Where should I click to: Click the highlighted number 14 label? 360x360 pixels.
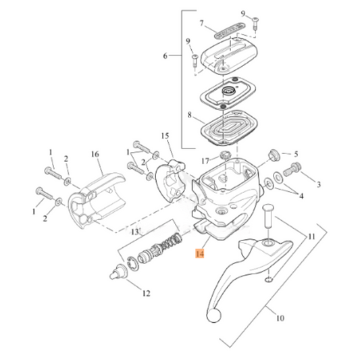[x=199, y=254]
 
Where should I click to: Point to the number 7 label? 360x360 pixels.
[x=201, y=23]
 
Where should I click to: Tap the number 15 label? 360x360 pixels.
[x=165, y=136]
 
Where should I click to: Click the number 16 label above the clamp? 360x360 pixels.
[x=95, y=154]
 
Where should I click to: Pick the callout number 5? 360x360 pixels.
[x=295, y=154]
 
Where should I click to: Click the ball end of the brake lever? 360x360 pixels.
[x=214, y=313]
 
